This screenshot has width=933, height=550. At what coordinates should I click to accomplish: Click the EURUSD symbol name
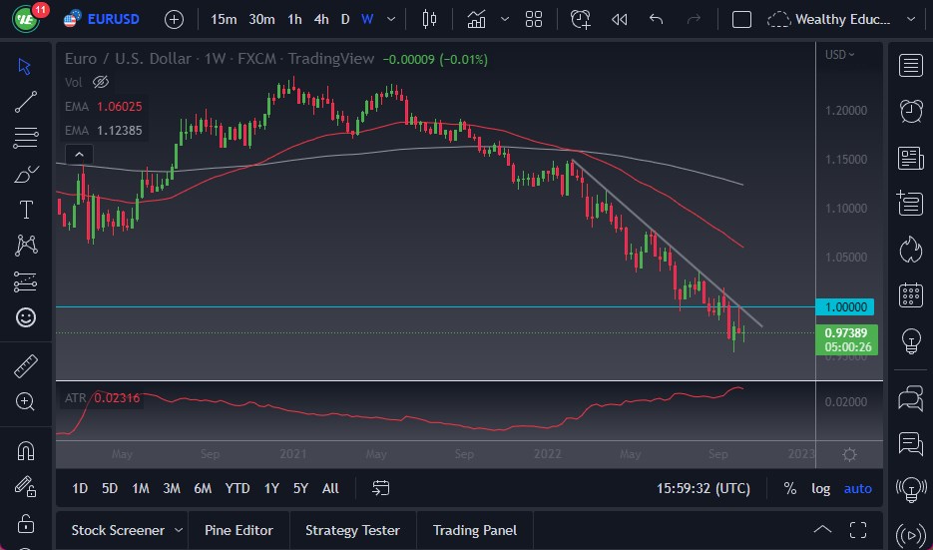pos(113,19)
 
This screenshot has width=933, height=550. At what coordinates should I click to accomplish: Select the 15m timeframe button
pos(225,19)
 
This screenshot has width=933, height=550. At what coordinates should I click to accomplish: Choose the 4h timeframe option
pos(320,19)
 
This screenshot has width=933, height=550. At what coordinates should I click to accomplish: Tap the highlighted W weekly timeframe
pos(367,19)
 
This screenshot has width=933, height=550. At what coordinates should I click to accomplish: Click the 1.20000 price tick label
pos(847,110)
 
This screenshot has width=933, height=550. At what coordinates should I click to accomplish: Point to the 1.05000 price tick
pos(847,258)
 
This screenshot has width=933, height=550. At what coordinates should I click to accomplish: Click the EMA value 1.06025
pos(117,106)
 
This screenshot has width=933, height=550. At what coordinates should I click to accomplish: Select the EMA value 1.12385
pos(117,130)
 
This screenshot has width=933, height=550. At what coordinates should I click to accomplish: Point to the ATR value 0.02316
pos(117,398)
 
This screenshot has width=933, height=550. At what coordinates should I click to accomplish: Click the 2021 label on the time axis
pos(292,454)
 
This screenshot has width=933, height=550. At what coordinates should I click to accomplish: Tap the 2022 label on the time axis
pos(547,454)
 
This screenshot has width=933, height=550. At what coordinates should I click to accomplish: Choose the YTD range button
pos(237,488)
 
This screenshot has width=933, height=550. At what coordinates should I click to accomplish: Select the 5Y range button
pos(300,488)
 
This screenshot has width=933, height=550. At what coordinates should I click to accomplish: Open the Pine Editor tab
pos(238,530)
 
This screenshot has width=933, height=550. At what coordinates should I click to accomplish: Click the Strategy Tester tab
pos(352,530)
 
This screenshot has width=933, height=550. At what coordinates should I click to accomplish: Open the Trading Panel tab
pos(475,530)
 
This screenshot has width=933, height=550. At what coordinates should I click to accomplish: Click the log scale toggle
pos(820,488)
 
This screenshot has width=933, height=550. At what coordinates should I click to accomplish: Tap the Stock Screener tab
pos(118,530)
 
